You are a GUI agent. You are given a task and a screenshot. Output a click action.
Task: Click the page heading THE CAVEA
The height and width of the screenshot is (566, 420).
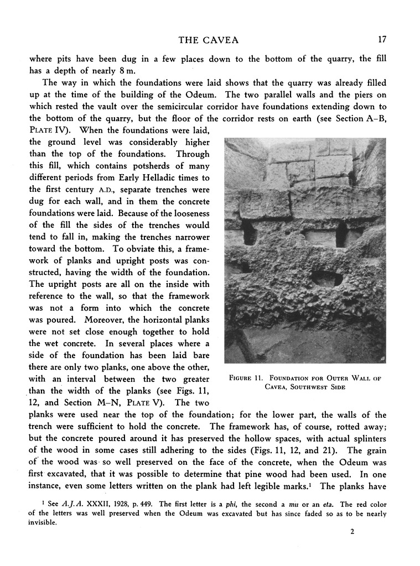tap(208, 39)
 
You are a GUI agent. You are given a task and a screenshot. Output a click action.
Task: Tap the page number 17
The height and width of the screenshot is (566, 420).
tap(382, 39)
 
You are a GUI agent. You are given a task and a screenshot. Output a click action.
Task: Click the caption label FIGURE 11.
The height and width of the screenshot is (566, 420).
tap(249, 378)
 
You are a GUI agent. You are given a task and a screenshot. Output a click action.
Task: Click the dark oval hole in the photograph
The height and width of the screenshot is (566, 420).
tap(328, 278)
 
